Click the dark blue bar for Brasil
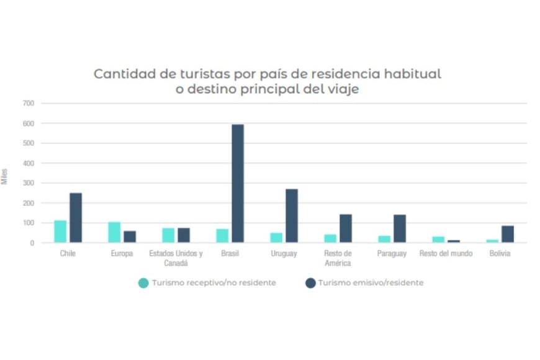238,184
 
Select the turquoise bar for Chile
60,232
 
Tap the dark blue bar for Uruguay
292,216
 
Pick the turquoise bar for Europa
114,232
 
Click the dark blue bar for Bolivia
508,234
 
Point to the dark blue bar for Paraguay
400,228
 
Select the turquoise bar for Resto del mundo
439,240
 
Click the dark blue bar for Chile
76,218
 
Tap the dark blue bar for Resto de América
346,228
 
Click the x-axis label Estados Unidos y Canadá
176,258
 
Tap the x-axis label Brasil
230,253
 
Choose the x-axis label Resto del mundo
446,253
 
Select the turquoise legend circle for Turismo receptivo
143,283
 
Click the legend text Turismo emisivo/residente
371,283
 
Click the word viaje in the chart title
343,89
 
